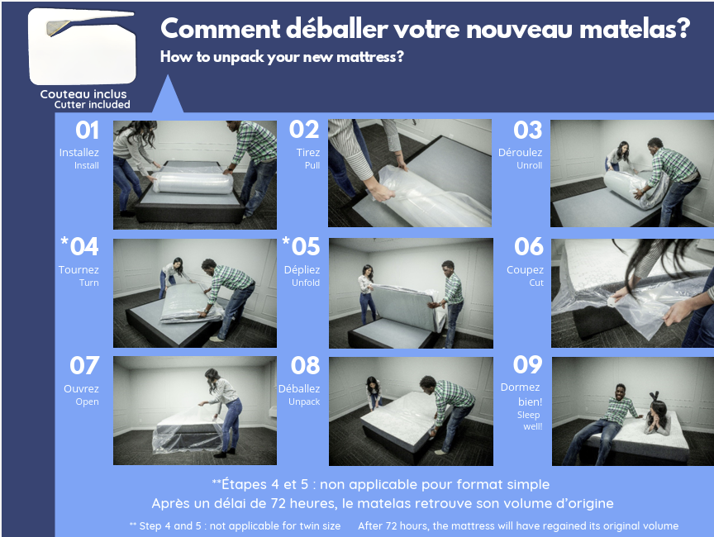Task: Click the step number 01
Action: click(87, 131)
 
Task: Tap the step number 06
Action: click(529, 247)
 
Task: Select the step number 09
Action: click(528, 364)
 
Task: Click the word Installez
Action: click(79, 152)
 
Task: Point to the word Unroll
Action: click(529, 165)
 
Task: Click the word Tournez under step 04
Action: click(79, 269)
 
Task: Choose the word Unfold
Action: click(306, 283)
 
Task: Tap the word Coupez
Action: click(525, 270)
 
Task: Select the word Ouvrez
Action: click(81, 388)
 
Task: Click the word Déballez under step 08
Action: click(299, 388)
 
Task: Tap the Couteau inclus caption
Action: click(83, 94)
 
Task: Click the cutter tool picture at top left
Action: click(83, 46)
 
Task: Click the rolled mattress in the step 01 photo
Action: click(193, 182)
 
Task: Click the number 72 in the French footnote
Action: click(278, 503)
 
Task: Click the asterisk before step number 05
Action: click(286, 240)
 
